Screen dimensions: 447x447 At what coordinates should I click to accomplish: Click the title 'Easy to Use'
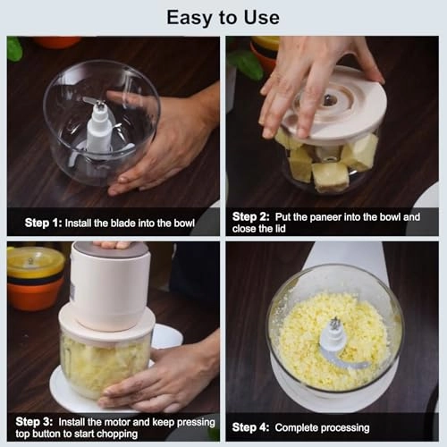click(x=223, y=17)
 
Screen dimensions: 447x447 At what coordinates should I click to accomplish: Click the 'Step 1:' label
click(x=41, y=223)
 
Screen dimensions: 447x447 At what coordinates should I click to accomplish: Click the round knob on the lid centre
click(x=329, y=98)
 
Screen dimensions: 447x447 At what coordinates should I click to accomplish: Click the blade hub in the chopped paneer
click(x=333, y=335)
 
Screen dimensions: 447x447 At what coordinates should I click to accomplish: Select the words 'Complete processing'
click(x=322, y=427)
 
